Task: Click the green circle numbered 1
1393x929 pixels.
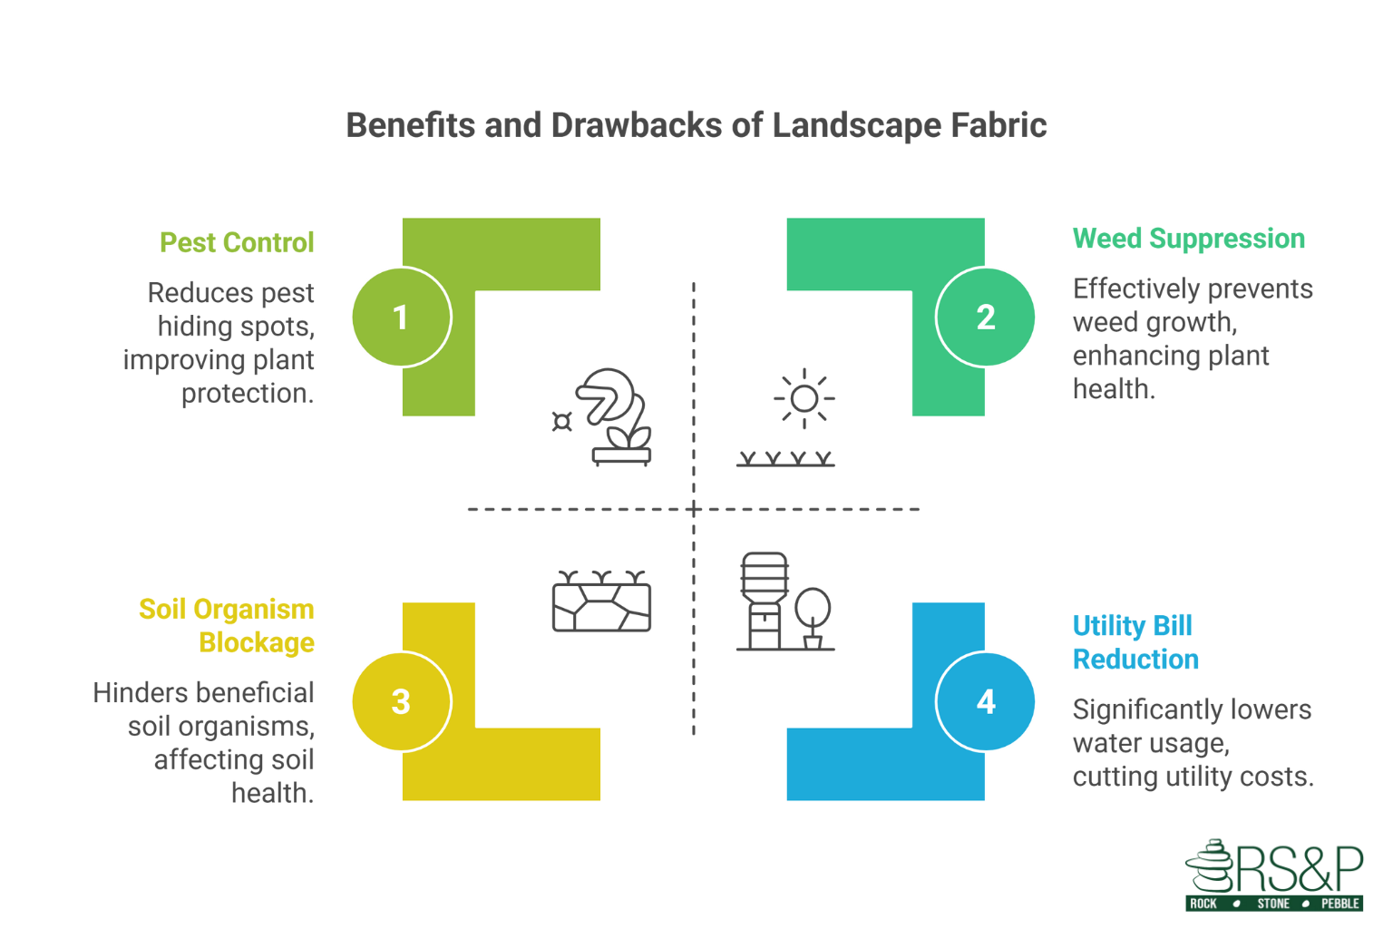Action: coord(401,317)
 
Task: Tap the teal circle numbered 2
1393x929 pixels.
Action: coord(985,317)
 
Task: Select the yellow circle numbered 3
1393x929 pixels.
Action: coord(401,701)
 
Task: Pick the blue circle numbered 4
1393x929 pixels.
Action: coord(985,701)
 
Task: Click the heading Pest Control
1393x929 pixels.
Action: coord(237,242)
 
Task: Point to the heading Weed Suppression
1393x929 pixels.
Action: coord(1188,239)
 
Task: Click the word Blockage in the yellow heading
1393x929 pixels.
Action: coord(257,642)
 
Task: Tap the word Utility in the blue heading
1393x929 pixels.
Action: coord(1102,626)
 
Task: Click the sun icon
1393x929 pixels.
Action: coord(804,398)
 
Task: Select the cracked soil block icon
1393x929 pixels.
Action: coord(601,603)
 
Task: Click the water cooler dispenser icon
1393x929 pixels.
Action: coord(764,601)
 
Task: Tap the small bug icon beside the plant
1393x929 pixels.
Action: coord(562,422)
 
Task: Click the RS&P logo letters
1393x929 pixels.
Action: coord(1297,868)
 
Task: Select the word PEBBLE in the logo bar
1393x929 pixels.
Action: coord(1339,904)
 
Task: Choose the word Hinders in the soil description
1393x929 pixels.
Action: coord(139,693)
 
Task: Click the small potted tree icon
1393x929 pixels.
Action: coord(813,618)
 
